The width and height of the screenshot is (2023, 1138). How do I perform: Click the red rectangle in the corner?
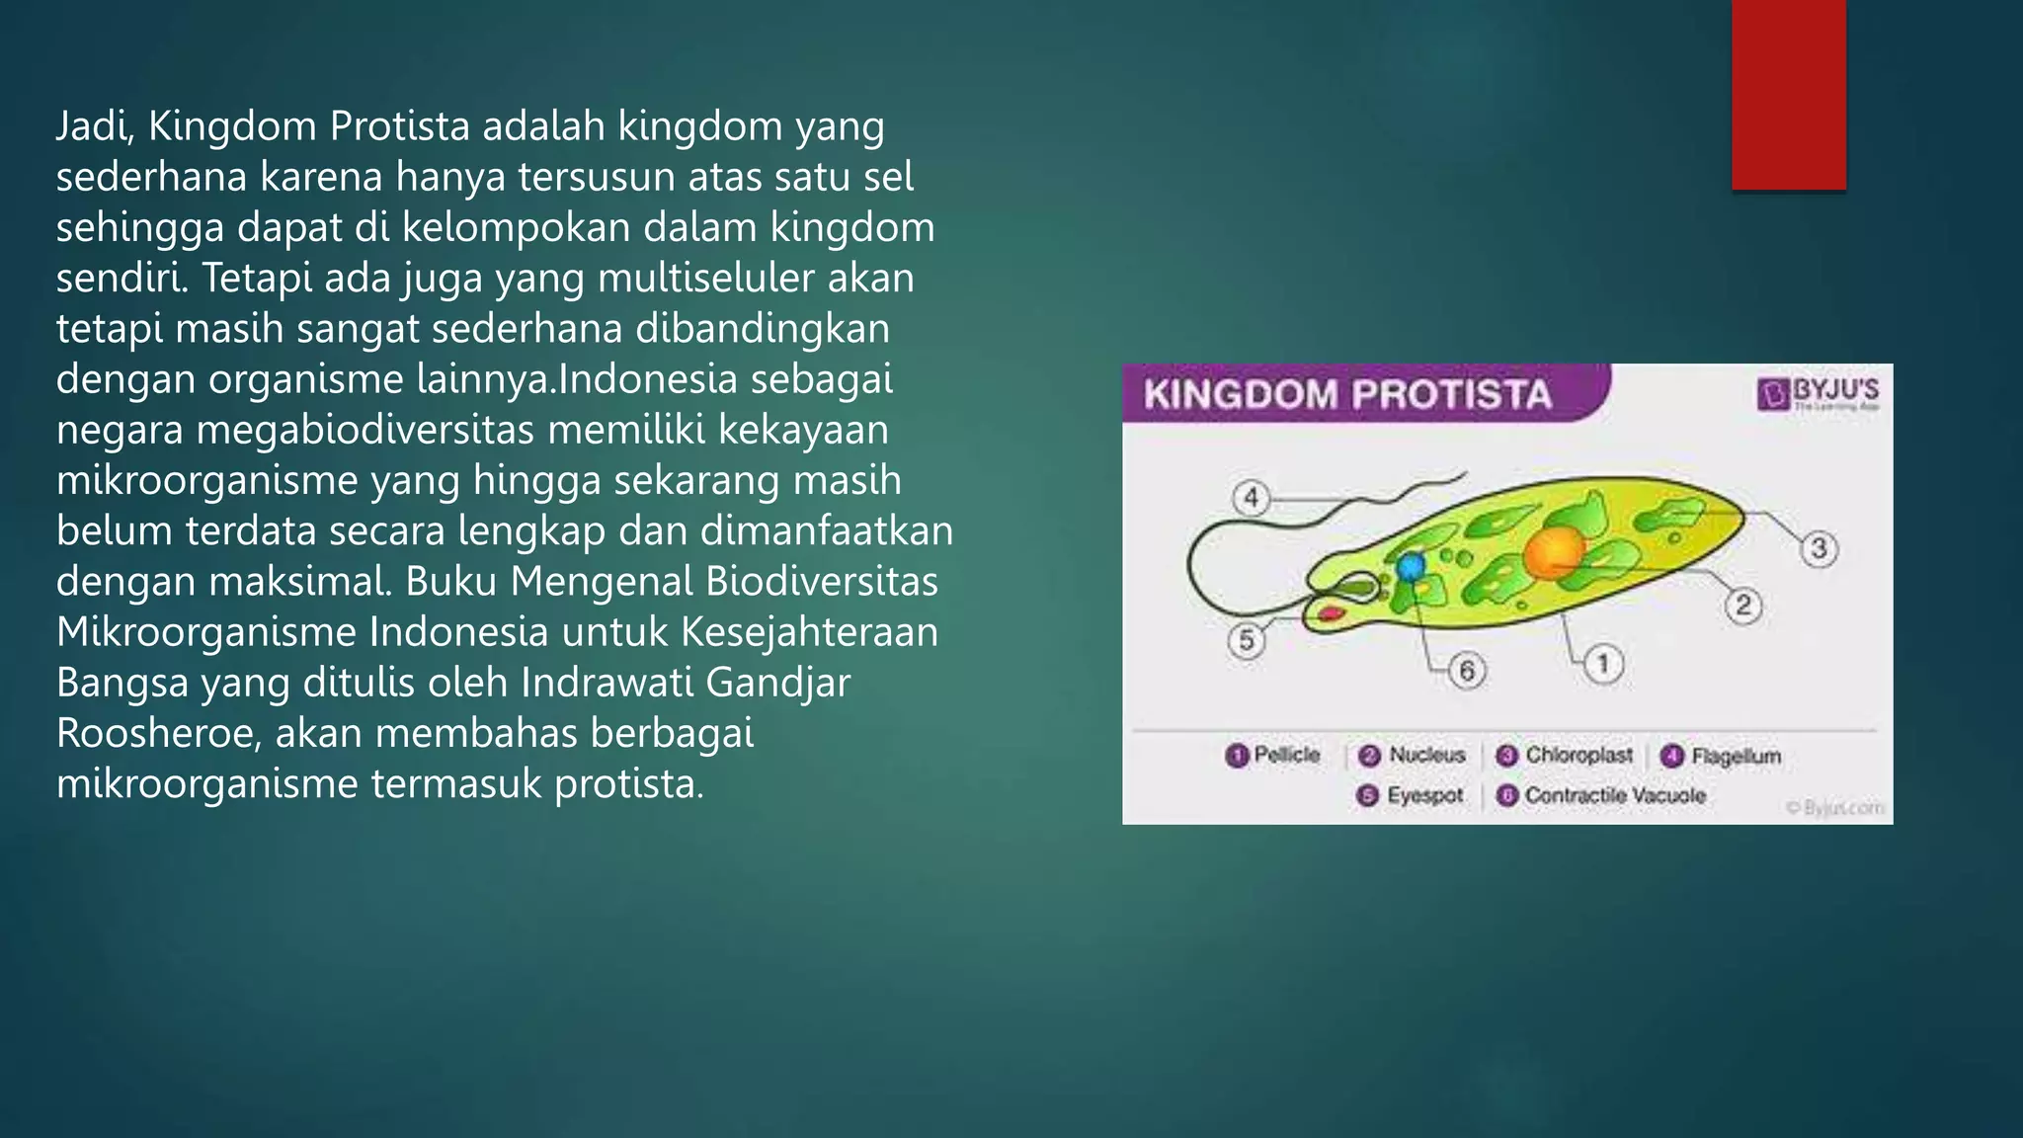(1788, 94)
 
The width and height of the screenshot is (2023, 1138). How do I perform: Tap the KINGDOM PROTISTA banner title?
(1347, 395)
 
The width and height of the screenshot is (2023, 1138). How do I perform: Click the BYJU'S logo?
(1819, 392)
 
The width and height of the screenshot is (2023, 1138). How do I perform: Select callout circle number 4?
(1252, 497)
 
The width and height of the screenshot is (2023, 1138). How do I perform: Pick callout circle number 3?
(1819, 548)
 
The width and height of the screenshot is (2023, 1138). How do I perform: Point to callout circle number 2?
(1743, 605)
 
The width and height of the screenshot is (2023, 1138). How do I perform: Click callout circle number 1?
(1603, 663)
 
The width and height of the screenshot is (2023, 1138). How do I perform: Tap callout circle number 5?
(1247, 640)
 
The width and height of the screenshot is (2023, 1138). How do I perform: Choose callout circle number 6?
(1467, 671)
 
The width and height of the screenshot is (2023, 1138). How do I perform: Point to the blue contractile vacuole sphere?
(1411, 567)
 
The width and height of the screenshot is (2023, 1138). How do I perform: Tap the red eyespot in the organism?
(1332, 613)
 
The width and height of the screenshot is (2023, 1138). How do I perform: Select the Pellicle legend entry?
(1273, 756)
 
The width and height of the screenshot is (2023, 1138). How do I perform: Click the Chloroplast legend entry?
(1566, 756)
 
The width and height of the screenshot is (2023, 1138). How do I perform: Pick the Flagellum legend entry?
(1722, 757)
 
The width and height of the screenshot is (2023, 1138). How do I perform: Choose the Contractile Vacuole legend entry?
(1602, 795)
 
